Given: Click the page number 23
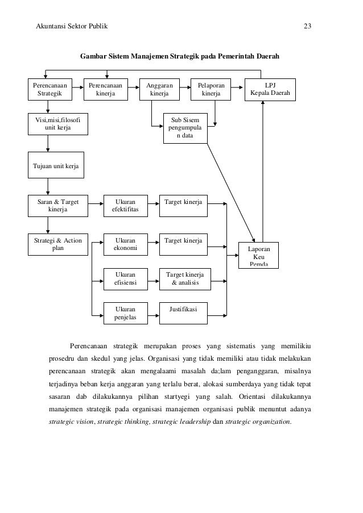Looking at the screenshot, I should pyautogui.click(x=308, y=26).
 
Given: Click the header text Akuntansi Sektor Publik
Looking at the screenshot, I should pyautogui.click(x=72, y=26).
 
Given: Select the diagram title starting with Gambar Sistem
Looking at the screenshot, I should pyautogui.click(x=179, y=57).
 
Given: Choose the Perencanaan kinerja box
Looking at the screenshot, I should pyautogui.click(x=105, y=89).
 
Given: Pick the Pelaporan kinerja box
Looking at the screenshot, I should pyautogui.click(x=211, y=89).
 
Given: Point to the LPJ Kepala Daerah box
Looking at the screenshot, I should pyautogui.click(x=270, y=89).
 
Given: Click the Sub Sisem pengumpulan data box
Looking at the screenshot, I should pyautogui.click(x=184, y=128).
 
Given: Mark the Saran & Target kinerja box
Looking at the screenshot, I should pyautogui.click(x=58, y=206).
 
